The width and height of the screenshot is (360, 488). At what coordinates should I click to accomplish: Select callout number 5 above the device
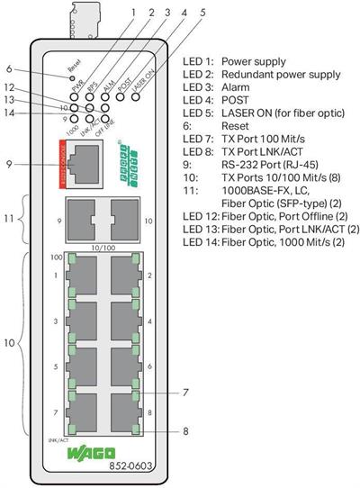[x=202, y=13]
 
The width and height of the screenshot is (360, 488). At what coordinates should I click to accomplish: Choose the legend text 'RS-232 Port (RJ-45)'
[x=269, y=167]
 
